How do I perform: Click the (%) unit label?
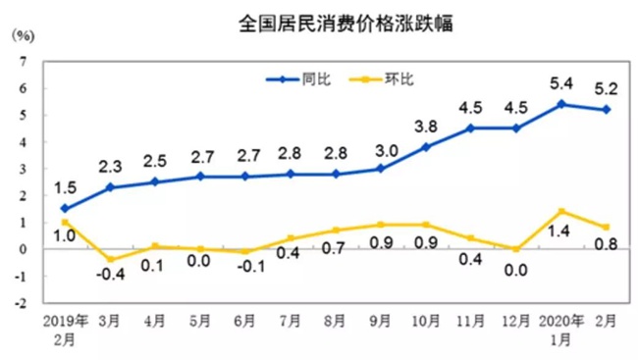(22, 36)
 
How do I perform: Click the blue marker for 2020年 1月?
(560, 104)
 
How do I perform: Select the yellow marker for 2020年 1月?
(560, 211)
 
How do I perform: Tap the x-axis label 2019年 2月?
(65, 328)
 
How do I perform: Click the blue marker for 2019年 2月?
(65, 208)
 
